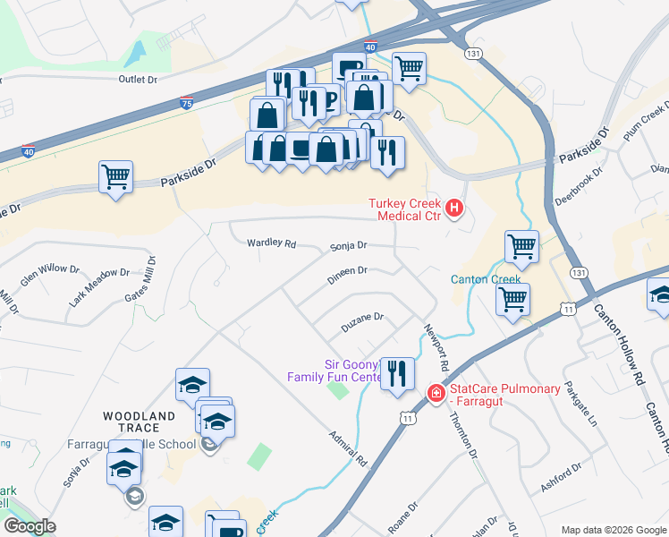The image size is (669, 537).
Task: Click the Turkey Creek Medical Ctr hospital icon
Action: point(454,209)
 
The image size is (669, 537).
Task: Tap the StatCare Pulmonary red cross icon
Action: point(436,393)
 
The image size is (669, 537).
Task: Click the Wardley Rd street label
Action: point(271,243)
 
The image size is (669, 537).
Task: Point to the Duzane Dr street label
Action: point(362,317)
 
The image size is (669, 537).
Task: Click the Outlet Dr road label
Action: point(138,80)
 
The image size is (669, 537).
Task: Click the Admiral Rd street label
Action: point(349,448)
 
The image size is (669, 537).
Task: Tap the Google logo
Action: point(29,526)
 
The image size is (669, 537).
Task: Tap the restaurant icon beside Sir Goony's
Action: point(397,372)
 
